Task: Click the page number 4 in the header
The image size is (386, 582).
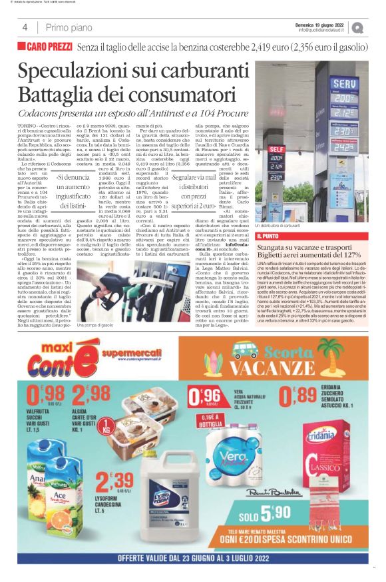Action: (25, 27)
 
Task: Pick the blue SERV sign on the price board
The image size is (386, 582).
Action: (343, 84)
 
